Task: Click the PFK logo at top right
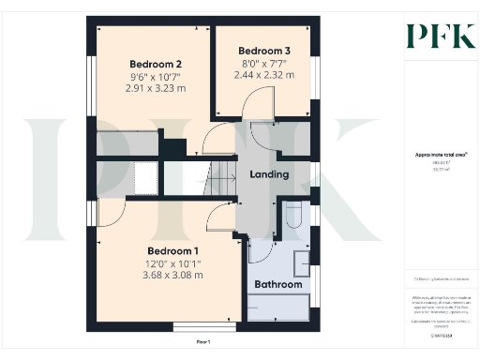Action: point(435,36)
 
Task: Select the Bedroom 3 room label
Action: point(263,51)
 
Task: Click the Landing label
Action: point(268,174)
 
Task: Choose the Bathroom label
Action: point(279,284)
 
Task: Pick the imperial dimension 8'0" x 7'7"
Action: point(263,63)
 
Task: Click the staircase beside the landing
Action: point(221,178)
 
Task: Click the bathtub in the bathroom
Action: point(279,307)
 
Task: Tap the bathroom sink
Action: point(301,263)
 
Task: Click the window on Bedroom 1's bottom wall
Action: point(192,327)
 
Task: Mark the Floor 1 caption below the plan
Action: point(203,343)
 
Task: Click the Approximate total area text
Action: point(434,154)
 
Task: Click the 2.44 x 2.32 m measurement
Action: point(263,75)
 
